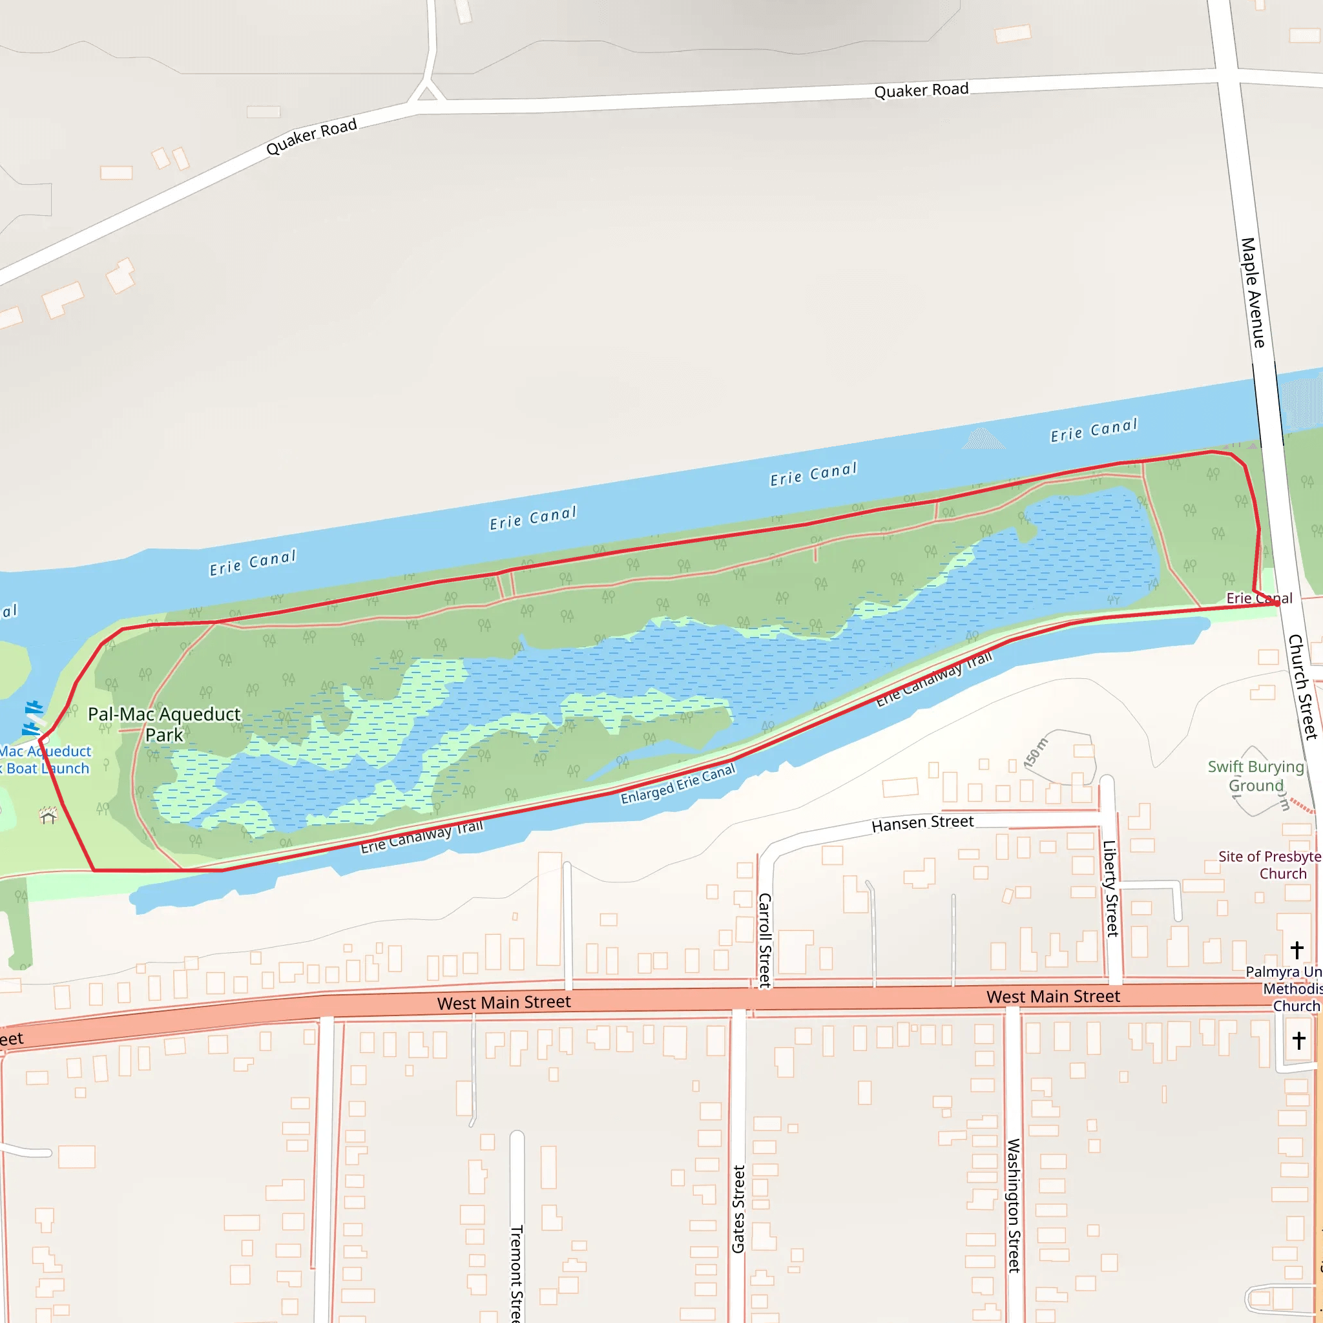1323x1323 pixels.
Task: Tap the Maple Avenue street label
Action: point(1253,293)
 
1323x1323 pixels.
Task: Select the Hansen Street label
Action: point(922,822)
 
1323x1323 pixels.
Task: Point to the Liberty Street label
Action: point(1110,888)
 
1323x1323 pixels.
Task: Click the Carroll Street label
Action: point(765,940)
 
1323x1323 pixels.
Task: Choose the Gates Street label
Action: point(738,1209)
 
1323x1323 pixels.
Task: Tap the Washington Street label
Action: point(1014,1205)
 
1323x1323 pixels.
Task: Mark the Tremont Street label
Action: point(517,1273)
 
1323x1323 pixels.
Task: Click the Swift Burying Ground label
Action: point(1255,776)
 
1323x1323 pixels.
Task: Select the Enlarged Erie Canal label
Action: point(677,784)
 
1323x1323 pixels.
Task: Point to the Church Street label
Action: point(1302,687)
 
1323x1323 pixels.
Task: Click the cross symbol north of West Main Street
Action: point(1297,950)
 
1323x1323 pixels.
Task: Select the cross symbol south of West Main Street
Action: point(1299,1040)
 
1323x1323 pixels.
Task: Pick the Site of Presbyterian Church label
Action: point(1270,865)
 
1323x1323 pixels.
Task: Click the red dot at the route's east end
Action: point(1277,603)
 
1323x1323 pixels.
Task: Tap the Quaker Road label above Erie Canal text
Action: point(921,90)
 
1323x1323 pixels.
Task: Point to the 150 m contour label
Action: point(1036,753)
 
